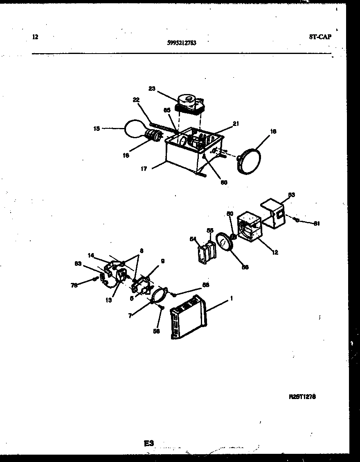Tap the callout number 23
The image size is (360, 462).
tap(152, 88)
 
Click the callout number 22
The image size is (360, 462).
tap(136, 100)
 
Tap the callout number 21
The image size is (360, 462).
tap(236, 123)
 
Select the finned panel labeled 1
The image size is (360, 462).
tap(189, 317)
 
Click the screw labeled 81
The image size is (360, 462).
tap(297, 220)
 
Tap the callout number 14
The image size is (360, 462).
tap(91, 255)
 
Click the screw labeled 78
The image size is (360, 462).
tap(95, 279)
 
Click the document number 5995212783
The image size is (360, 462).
tap(182, 42)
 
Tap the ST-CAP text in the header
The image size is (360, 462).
tap(320, 36)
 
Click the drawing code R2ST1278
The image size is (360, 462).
tap(302, 397)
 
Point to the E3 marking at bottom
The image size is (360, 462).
tap(148, 443)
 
